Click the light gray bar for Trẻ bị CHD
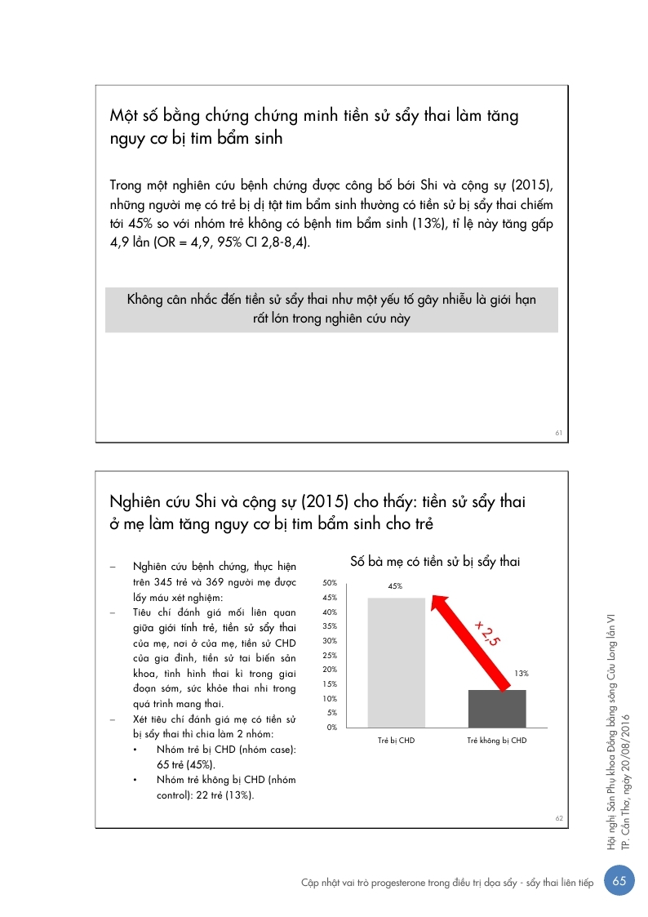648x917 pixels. click(x=396, y=662)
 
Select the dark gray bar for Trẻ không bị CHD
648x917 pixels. click(x=496, y=708)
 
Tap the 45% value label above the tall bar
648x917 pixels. click(x=396, y=586)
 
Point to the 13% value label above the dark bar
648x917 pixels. click(x=522, y=674)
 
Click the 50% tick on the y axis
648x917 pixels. click(x=331, y=584)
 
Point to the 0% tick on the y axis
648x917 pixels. click(x=332, y=727)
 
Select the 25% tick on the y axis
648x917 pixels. click(x=331, y=656)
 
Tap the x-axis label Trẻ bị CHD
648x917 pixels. click(x=396, y=741)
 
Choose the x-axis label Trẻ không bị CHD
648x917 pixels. click(x=496, y=741)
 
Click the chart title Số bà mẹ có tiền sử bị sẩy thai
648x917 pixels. click(x=435, y=562)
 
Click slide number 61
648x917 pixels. click(x=559, y=433)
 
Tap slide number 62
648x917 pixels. click(x=559, y=818)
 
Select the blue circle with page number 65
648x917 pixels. click(x=619, y=883)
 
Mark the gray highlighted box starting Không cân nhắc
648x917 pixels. click(x=331, y=309)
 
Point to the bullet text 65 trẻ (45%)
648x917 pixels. click(x=186, y=765)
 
